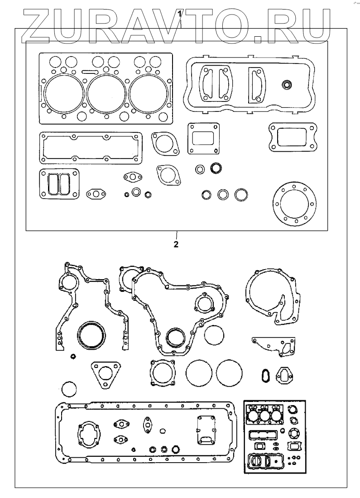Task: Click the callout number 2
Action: [176, 245]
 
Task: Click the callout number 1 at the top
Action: [180, 14]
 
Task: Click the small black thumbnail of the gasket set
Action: [275, 435]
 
